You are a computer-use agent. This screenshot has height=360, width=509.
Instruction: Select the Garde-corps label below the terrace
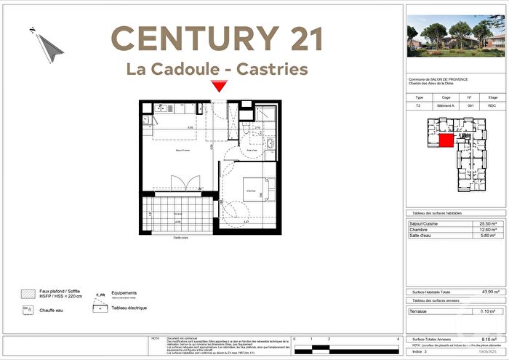181,239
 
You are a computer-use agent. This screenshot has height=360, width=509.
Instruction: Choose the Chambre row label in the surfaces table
421,230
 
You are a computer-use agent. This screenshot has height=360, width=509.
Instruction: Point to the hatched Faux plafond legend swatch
27,293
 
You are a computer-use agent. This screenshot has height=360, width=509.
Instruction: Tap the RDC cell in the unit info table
492,105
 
